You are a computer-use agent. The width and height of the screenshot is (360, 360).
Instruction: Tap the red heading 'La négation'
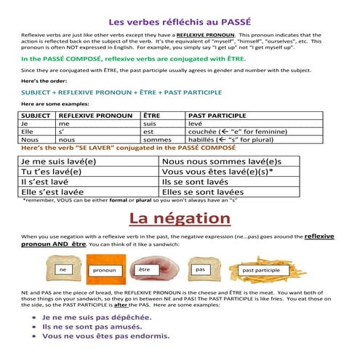click(179, 217)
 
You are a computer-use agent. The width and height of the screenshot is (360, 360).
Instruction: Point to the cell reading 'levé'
click(196, 124)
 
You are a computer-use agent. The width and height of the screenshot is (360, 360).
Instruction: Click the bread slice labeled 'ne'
click(63, 271)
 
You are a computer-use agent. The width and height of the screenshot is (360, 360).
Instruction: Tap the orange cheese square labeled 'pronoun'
click(105, 271)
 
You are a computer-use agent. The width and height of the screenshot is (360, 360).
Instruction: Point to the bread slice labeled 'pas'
click(201, 270)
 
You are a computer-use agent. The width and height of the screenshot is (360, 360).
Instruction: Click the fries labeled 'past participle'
click(260, 271)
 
